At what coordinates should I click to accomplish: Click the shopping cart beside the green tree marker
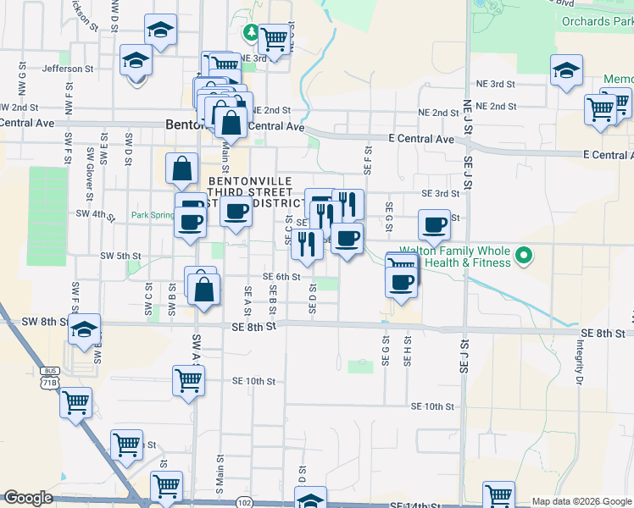(x=274, y=38)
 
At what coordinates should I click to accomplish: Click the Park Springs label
(x=153, y=215)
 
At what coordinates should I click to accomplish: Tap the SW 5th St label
(x=120, y=255)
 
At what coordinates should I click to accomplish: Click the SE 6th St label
(x=282, y=277)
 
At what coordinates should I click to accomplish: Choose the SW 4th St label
(x=95, y=215)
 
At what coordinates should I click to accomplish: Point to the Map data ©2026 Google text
(x=581, y=501)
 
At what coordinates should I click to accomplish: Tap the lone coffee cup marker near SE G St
(x=435, y=224)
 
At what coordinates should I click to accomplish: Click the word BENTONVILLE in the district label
(x=250, y=181)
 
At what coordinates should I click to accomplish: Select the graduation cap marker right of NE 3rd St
(x=566, y=70)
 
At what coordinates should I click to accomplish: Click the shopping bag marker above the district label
(x=182, y=168)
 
